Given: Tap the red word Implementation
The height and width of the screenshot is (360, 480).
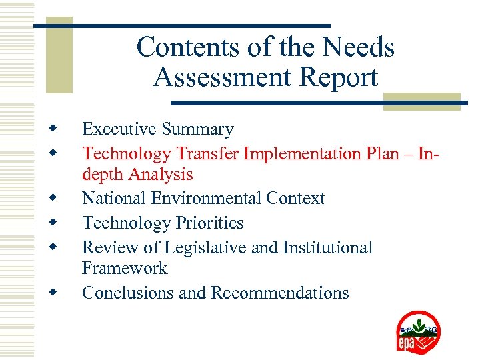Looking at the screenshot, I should click(x=302, y=154).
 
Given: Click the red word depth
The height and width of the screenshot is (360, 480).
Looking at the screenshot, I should click(x=103, y=175).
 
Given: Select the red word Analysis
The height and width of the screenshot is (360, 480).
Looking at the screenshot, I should click(x=160, y=175).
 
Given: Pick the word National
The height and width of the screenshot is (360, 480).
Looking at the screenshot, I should click(x=107, y=199).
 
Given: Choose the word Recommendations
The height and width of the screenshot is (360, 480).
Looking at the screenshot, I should click(x=280, y=293).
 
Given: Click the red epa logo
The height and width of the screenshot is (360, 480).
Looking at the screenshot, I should click(x=418, y=333).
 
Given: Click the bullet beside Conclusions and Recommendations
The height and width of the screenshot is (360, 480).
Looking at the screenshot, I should click(x=51, y=291).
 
